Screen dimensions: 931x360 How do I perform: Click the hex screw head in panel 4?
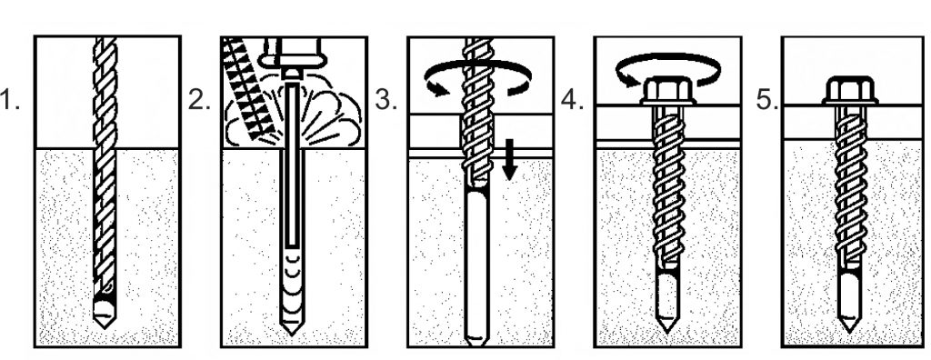pyautogui.click(x=667, y=92)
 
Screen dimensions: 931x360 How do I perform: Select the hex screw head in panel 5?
pyautogui.click(x=849, y=92)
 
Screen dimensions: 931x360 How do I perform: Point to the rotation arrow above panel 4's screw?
pyautogui.click(x=668, y=58)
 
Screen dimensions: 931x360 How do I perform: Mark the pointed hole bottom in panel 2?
pyautogui.click(x=292, y=328)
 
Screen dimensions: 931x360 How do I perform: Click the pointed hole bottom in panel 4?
pyautogui.click(x=667, y=325)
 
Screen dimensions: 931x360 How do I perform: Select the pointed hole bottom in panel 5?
pyautogui.click(x=849, y=325)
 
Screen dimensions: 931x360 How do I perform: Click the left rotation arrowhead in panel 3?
pyautogui.click(x=437, y=89)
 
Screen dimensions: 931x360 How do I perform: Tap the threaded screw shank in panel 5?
pyautogui.click(x=849, y=190)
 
